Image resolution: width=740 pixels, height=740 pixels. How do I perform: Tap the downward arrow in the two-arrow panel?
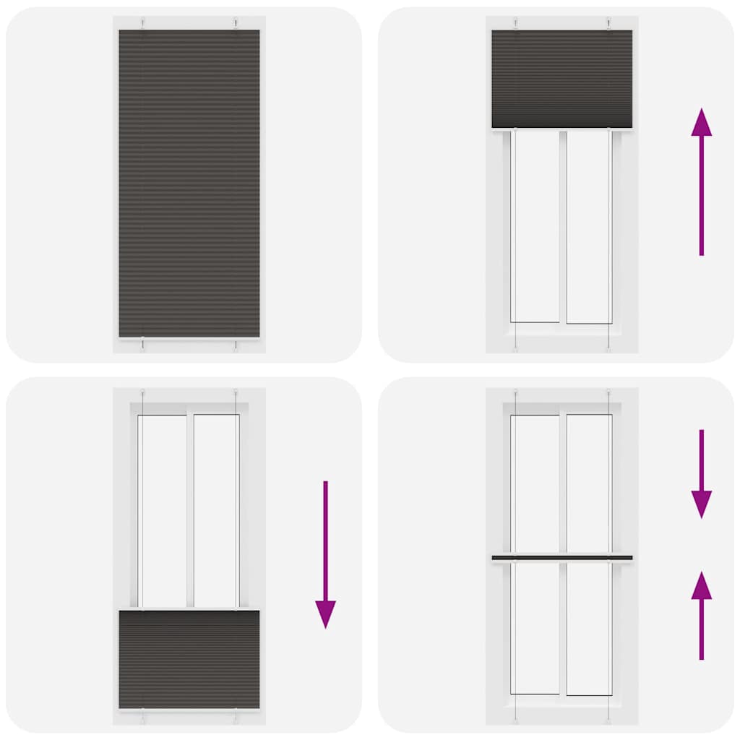click(x=701, y=473)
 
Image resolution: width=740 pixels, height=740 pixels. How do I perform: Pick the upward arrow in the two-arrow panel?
click(x=701, y=615)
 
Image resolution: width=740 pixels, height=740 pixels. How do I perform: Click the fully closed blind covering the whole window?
click(x=189, y=184)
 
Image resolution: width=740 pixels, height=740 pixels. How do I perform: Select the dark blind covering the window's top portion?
click(x=562, y=79)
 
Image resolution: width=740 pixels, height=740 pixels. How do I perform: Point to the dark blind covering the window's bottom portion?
click(x=189, y=659)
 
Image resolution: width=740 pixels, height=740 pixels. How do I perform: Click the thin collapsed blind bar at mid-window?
click(x=562, y=558)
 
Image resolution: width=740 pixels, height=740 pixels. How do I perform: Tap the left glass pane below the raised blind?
click(x=535, y=225)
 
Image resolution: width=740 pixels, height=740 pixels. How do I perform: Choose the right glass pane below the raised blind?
click(x=589, y=225)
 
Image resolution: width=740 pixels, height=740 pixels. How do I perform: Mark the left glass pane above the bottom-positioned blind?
click(x=163, y=510)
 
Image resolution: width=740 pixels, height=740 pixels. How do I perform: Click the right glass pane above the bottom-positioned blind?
click(x=215, y=510)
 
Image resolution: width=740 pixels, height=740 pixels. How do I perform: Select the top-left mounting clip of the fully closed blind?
click(x=143, y=23)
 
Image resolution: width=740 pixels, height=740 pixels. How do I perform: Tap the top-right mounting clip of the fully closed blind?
click(x=236, y=23)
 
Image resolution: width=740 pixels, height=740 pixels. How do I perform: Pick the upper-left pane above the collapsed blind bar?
click(x=535, y=483)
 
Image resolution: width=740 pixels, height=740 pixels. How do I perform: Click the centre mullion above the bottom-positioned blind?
click(x=190, y=510)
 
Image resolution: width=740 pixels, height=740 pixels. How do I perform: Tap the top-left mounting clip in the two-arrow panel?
click(x=515, y=395)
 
